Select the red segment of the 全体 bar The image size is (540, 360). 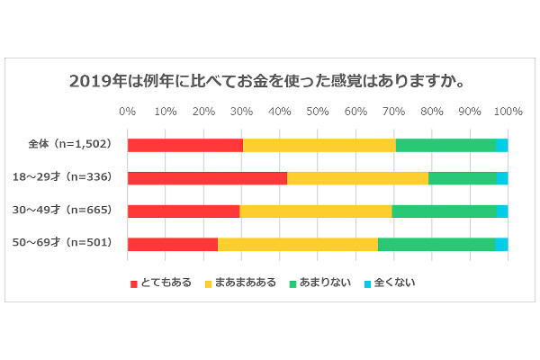point(185,145)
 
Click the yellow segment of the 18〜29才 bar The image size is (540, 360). point(358,177)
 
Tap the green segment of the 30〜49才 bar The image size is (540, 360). point(444,211)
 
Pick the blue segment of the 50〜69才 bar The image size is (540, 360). point(501,244)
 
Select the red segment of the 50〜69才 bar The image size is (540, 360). point(173,244)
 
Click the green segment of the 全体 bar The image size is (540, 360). point(445,145)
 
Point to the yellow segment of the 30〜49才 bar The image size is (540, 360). point(316,211)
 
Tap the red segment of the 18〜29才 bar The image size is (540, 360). point(207,177)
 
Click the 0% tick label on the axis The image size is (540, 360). point(128,112)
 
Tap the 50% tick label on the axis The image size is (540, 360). point(318,112)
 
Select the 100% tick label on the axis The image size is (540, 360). point(508,112)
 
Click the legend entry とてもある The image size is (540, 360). point(162,283)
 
